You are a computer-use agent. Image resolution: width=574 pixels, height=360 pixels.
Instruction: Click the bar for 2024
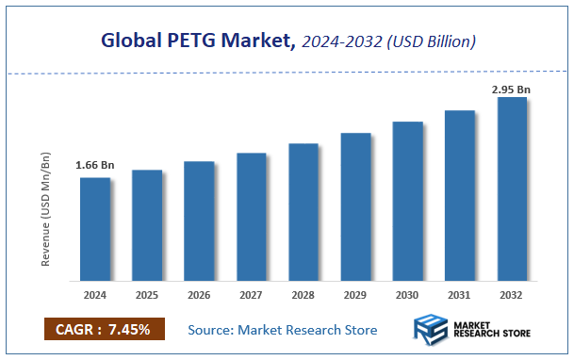click(x=94, y=229)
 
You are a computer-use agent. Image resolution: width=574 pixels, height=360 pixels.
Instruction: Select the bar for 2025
click(x=146, y=225)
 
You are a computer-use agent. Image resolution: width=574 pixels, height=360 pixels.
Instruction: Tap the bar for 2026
click(x=199, y=221)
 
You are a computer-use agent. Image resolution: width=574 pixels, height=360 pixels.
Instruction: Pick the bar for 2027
click(x=251, y=217)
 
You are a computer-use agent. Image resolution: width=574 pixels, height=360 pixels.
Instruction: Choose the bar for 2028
click(x=303, y=212)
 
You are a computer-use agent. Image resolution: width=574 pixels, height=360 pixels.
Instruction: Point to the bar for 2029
click(x=355, y=206)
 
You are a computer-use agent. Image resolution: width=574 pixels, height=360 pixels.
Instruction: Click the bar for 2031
click(x=460, y=195)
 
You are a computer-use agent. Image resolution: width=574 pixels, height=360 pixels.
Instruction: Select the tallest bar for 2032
click(x=512, y=188)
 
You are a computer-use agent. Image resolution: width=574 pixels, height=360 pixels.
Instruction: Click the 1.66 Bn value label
click(x=94, y=166)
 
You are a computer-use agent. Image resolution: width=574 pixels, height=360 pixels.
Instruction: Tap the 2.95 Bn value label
click(x=512, y=90)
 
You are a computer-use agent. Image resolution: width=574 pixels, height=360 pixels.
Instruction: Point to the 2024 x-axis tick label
click(x=94, y=294)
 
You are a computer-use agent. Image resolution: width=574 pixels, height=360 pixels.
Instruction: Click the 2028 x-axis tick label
click(x=303, y=294)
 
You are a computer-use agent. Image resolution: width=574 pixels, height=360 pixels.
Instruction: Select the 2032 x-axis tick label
click(x=512, y=294)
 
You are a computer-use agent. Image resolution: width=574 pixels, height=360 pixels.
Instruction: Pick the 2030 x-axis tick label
click(x=407, y=294)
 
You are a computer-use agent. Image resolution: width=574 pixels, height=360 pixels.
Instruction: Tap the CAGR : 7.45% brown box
click(x=104, y=329)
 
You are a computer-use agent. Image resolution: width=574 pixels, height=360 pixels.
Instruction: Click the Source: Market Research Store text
click(x=283, y=330)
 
